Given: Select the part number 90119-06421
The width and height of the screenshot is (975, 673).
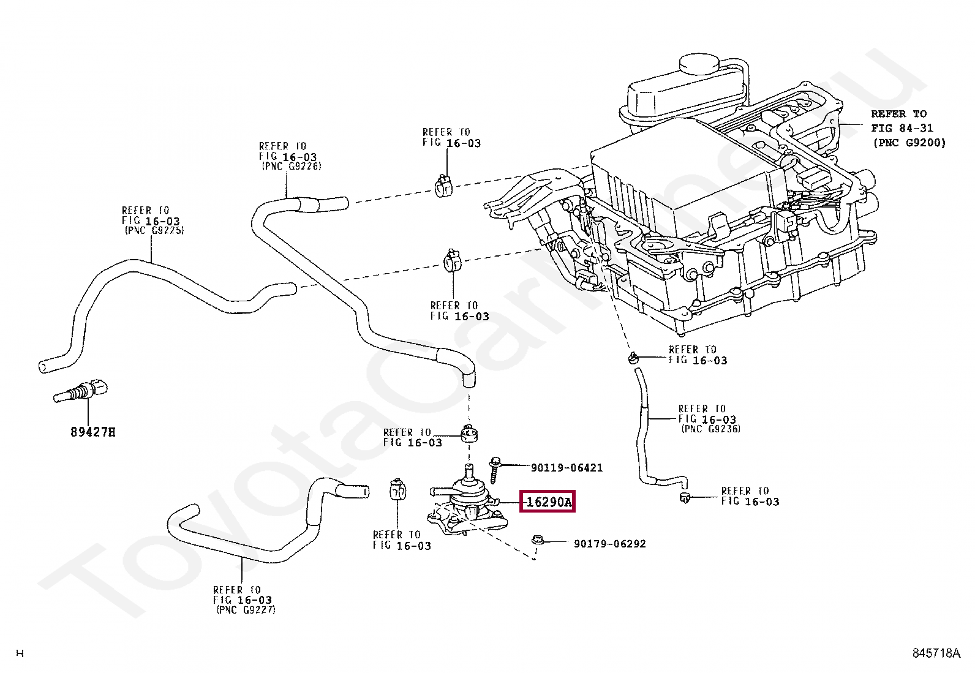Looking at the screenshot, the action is [x=567, y=468].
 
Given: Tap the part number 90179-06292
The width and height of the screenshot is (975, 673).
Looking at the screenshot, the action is [x=610, y=544].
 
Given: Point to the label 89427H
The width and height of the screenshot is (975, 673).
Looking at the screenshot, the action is [x=93, y=432].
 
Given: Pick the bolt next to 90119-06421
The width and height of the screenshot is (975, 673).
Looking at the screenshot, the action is [x=494, y=470].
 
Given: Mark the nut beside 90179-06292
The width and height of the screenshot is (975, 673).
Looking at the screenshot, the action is [x=538, y=541].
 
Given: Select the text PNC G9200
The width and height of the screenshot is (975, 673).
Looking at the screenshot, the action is [x=909, y=143].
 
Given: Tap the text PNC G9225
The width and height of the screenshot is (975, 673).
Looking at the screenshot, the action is [x=154, y=230].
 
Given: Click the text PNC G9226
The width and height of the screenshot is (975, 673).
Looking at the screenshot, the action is [x=292, y=166].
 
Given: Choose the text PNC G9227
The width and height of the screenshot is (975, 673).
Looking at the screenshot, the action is [x=246, y=610].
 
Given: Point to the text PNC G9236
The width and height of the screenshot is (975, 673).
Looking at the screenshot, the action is [x=711, y=429].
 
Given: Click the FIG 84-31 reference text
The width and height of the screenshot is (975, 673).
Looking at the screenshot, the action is [x=902, y=128].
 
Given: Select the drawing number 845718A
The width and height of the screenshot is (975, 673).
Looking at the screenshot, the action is [x=936, y=653].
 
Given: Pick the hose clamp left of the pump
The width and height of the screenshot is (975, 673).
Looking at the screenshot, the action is [x=397, y=491].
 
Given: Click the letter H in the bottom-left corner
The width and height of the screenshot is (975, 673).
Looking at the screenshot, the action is [x=20, y=653].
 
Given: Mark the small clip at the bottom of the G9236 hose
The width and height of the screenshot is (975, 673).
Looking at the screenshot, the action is [x=685, y=497].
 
